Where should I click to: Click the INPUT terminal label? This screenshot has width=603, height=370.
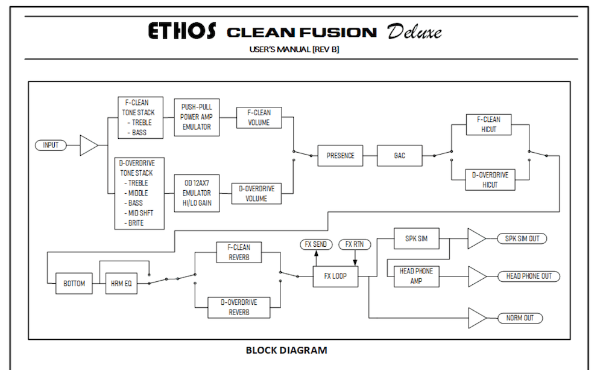click(x=51, y=145)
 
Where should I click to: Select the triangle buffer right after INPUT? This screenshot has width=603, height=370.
click(x=88, y=145)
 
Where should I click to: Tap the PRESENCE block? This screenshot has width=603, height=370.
click(x=341, y=156)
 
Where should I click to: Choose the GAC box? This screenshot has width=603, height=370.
click(x=400, y=156)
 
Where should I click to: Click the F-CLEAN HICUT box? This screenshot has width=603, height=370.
click(x=490, y=124)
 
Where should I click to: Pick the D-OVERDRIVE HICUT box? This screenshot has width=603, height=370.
click(x=490, y=179)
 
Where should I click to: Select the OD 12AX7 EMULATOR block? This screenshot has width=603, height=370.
click(x=197, y=194)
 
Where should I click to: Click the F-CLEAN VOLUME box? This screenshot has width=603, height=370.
click(x=259, y=117)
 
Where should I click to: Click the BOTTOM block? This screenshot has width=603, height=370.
click(x=74, y=283)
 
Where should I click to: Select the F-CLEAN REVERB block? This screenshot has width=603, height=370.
click(x=239, y=252)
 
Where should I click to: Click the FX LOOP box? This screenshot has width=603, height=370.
click(x=335, y=276)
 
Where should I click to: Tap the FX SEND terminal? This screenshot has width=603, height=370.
click(x=315, y=244)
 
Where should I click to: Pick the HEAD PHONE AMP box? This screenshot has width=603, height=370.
click(x=416, y=276)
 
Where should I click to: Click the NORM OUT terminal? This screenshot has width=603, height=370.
click(x=519, y=317)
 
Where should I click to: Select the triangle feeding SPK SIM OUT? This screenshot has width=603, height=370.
click(x=476, y=238)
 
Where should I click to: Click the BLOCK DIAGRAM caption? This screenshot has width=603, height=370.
click(x=286, y=350)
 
